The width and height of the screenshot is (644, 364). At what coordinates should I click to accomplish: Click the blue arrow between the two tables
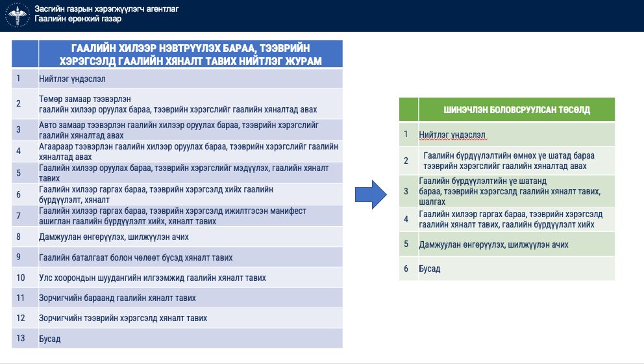pyautogui.click(x=371, y=194)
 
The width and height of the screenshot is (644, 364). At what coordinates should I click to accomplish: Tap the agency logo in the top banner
pyautogui.click(x=18, y=15)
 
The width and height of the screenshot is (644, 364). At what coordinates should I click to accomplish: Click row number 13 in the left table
pyautogui.click(x=21, y=338)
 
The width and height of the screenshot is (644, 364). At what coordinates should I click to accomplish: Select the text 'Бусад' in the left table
pyautogui.click(x=50, y=339)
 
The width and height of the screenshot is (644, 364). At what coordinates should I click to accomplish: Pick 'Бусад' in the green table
pyautogui.click(x=430, y=268)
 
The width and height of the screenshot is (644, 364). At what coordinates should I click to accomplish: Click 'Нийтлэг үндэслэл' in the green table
pyautogui.click(x=452, y=135)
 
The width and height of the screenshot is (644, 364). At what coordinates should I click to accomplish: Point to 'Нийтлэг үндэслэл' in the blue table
pyautogui.click(x=72, y=79)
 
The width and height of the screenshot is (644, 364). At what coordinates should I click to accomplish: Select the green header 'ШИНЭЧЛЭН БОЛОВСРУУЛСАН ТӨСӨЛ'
pyautogui.click(x=517, y=110)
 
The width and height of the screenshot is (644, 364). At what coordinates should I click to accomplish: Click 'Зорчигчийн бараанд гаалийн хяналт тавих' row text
pyautogui.click(x=118, y=298)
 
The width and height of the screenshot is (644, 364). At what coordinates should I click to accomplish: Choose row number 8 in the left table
pyautogui.click(x=18, y=237)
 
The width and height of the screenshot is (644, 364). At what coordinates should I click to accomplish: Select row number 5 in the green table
pyautogui.click(x=406, y=244)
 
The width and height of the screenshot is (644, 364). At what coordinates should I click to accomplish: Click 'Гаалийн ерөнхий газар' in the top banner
pyautogui.click(x=78, y=18)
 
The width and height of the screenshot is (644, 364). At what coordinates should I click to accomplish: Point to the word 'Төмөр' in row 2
pyautogui.click(x=50, y=99)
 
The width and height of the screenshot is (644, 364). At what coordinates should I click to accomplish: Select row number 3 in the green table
pyautogui.click(x=406, y=191)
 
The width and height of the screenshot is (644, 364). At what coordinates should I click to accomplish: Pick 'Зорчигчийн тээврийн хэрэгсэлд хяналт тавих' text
pyautogui.click(x=123, y=318)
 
